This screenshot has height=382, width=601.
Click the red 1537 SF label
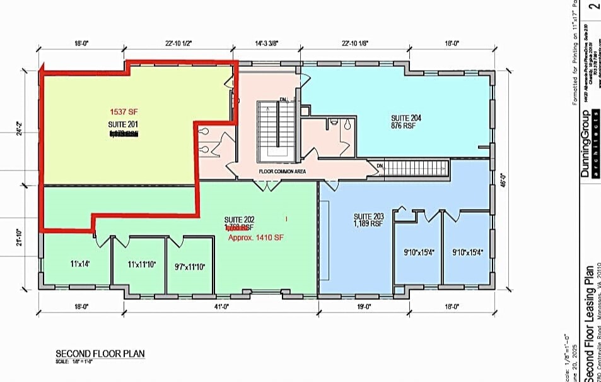click(x=124, y=112)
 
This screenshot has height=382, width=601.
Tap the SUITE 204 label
click(x=406, y=118)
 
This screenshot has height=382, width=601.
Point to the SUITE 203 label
click(x=368, y=216)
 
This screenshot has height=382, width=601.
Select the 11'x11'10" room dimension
click(x=141, y=264)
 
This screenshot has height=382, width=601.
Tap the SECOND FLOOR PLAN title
click(x=100, y=354)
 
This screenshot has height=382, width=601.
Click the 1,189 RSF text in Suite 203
click(x=368, y=224)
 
